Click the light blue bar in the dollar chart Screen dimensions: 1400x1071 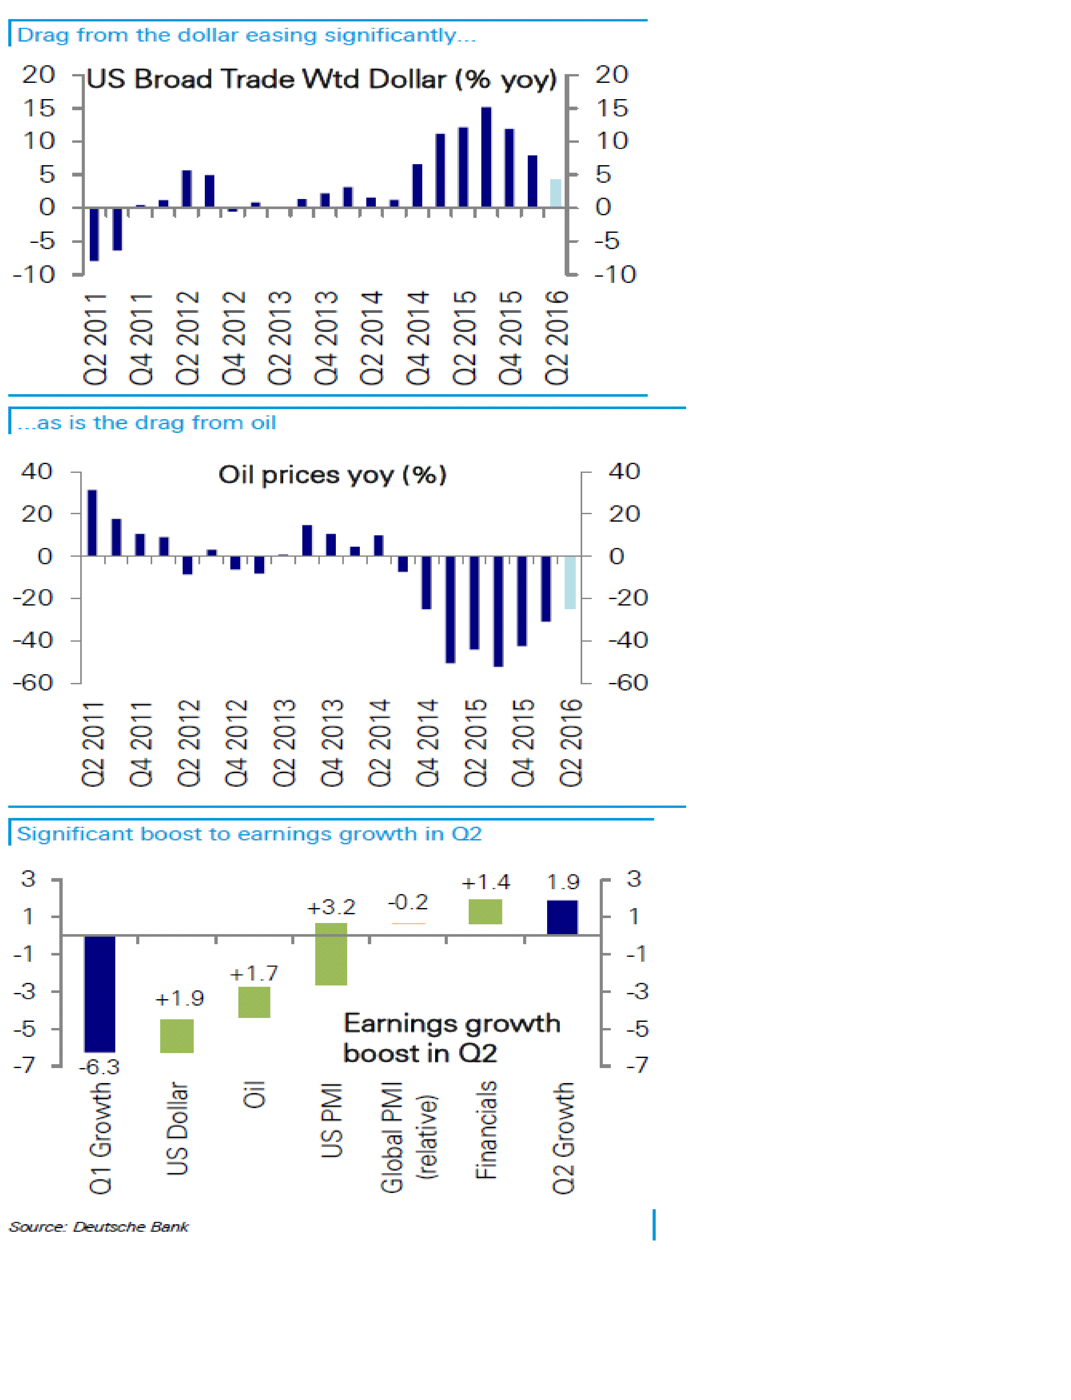(x=555, y=193)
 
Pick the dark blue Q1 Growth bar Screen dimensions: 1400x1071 (x=100, y=993)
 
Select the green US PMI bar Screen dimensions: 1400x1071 (x=331, y=953)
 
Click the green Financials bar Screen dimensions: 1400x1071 (x=485, y=911)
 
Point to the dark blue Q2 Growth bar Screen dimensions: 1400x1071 (x=562, y=917)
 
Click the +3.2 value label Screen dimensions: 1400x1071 (x=331, y=907)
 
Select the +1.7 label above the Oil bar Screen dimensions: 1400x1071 (x=254, y=973)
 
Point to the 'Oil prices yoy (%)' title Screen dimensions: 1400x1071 (x=332, y=474)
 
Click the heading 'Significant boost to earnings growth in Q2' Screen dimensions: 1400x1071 (x=249, y=834)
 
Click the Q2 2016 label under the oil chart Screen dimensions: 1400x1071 (x=571, y=743)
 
